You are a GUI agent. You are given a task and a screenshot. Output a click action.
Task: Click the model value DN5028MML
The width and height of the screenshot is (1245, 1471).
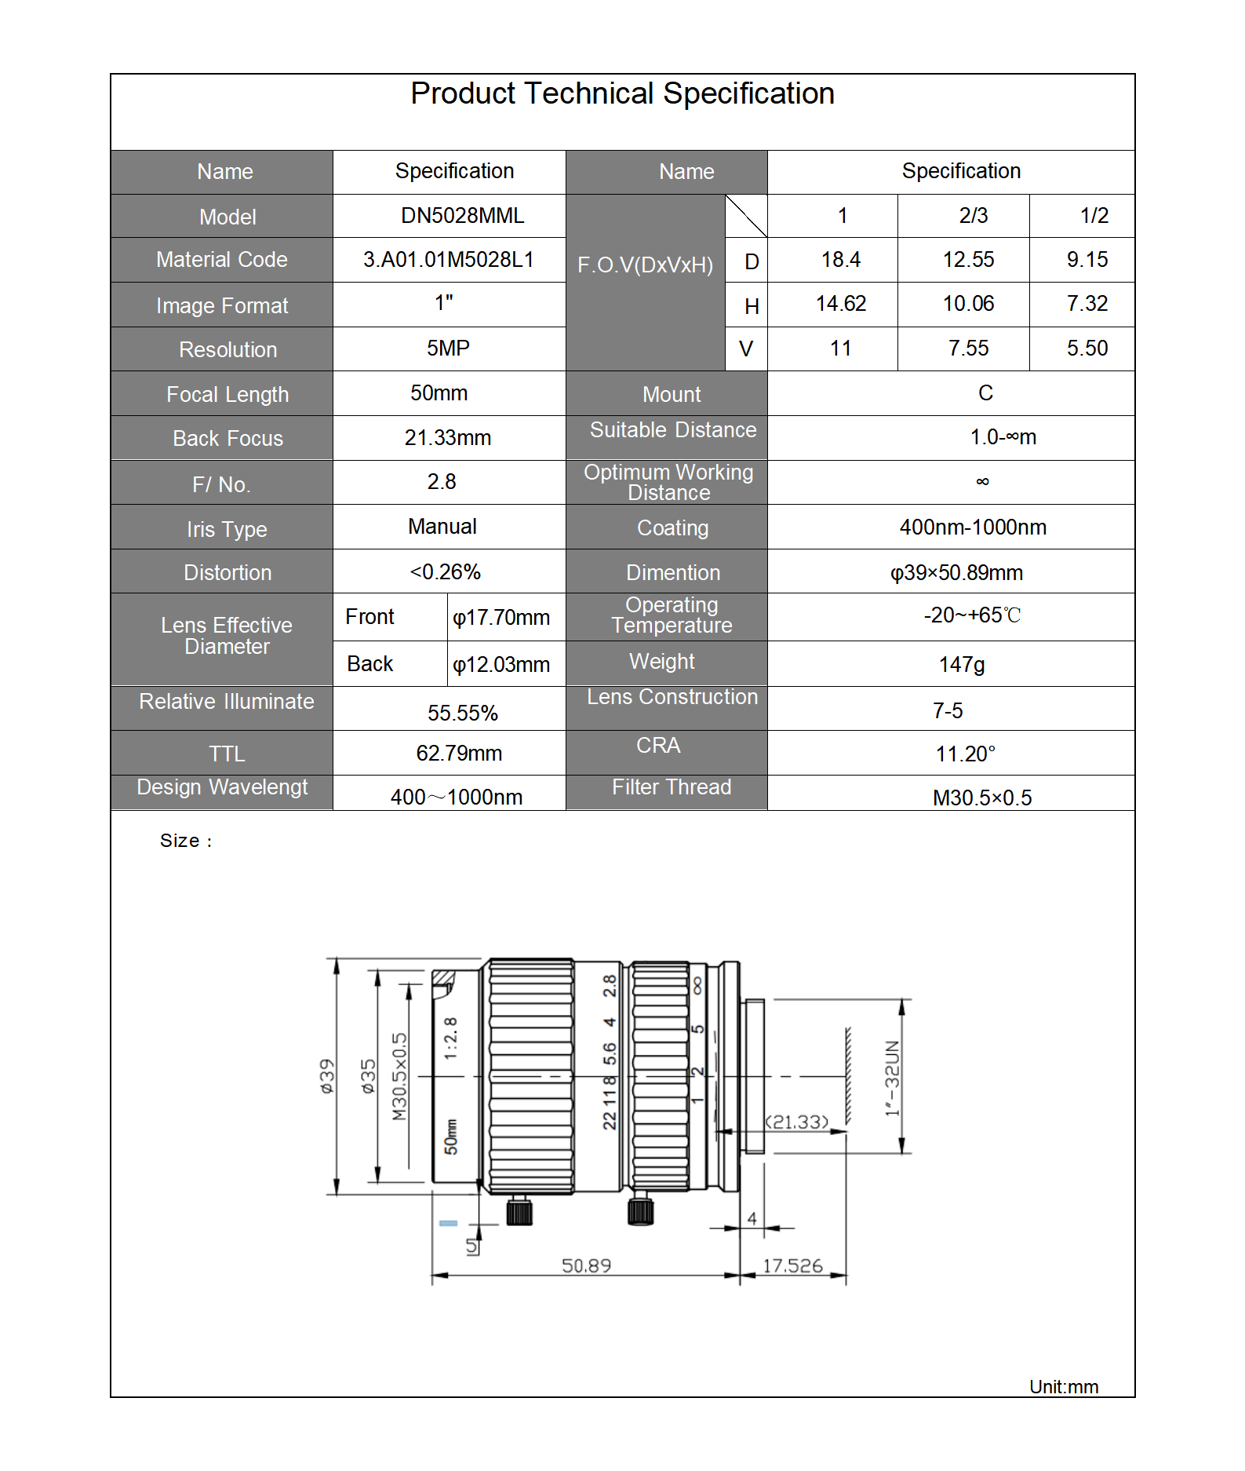[x=462, y=216]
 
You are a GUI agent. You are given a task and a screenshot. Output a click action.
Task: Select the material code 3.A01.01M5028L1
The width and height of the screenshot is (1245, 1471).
[x=448, y=260]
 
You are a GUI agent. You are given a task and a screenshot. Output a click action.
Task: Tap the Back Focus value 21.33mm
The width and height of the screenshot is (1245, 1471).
[x=448, y=438]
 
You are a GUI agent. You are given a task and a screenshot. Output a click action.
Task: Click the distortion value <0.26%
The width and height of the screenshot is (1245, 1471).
[x=445, y=572]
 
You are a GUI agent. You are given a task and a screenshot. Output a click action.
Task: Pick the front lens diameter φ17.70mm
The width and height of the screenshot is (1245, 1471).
[x=501, y=618]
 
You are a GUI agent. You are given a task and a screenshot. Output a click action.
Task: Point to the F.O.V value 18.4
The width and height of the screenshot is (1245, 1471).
[x=840, y=260]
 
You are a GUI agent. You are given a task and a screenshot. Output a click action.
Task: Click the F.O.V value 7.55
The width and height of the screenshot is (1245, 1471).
[x=968, y=349]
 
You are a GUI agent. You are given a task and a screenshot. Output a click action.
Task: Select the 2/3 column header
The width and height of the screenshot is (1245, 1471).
[x=973, y=216]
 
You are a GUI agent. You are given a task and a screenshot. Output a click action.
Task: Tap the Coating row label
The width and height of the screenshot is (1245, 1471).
[x=672, y=528]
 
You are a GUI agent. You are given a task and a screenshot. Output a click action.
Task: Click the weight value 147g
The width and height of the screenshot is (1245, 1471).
[x=962, y=665]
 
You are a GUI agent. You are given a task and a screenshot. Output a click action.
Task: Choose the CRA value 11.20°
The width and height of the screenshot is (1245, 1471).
[x=965, y=754]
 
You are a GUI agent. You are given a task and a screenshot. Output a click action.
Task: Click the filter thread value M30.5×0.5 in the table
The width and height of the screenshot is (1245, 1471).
[x=981, y=798]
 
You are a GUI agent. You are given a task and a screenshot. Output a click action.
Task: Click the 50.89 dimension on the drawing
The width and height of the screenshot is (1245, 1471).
[x=586, y=1265]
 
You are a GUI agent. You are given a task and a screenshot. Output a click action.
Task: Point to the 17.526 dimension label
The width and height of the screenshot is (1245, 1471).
[x=792, y=1265]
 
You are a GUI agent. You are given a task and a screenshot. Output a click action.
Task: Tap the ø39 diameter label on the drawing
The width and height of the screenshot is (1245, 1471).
[x=326, y=1076]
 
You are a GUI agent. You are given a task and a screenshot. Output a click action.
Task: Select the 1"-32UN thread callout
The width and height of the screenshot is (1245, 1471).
[x=892, y=1078]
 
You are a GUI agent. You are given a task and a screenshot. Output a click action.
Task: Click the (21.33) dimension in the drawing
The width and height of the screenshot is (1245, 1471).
[x=797, y=1122]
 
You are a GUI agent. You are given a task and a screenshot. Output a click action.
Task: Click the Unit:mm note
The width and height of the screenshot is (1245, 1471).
[x=1063, y=1387]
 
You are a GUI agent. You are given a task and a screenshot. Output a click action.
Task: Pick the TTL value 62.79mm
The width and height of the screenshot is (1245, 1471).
[x=459, y=754]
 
